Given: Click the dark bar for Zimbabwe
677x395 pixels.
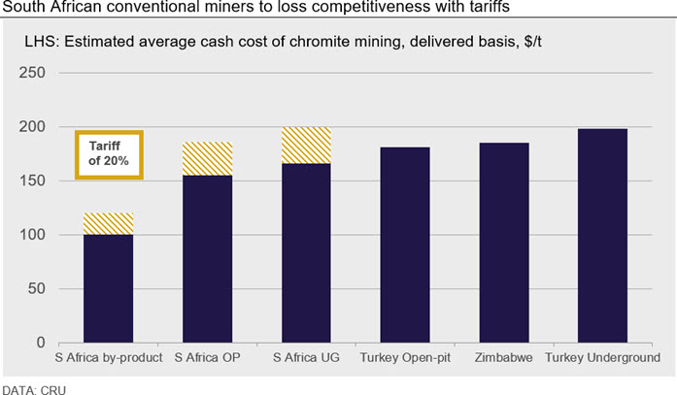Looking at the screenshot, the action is point(504,243).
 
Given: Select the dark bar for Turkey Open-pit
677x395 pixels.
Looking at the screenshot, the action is point(405,245).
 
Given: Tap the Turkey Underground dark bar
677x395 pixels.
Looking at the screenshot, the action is point(603,236).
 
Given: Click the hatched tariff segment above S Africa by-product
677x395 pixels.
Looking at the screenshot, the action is point(109,224).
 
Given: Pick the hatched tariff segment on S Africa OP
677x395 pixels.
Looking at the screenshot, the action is point(207,159).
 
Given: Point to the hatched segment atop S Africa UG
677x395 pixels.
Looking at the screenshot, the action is point(306,146).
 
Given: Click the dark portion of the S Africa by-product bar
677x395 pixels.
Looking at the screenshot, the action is point(109,289).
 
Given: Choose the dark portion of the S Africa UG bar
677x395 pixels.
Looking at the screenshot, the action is point(306,253).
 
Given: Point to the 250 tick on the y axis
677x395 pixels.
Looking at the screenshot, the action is point(32,73).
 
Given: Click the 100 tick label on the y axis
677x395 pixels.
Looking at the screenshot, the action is point(32,235).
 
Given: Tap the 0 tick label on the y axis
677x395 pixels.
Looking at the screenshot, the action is point(41,343).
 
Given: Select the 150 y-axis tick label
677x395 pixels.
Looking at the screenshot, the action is point(32,181).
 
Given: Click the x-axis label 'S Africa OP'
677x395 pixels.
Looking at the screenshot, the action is point(207,357).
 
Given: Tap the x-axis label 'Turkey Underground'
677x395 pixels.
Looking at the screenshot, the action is point(603,358).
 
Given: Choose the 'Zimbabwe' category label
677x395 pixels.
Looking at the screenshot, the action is point(504,357).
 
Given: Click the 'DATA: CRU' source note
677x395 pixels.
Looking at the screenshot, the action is point(34,390).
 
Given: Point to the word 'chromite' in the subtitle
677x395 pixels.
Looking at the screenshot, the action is point(319,42).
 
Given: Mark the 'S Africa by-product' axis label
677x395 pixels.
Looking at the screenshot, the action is point(109,358).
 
